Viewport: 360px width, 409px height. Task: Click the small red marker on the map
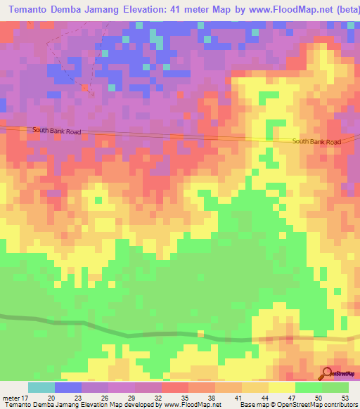[85, 88]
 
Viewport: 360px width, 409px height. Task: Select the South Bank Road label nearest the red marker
[61, 131]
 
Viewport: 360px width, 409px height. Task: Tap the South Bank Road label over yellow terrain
[316, 142]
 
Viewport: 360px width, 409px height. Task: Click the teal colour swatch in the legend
[41, 387]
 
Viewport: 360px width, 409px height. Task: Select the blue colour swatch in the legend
[68, 387]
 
